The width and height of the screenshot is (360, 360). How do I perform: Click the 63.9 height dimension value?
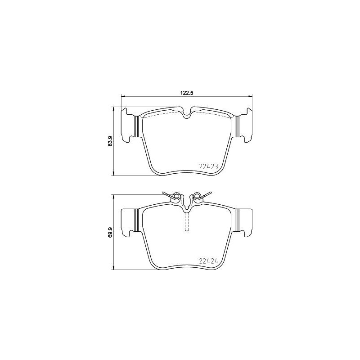pyautogui.click(x=110, y=141)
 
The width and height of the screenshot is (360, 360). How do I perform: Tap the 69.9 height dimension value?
pyautogui.click(x=110, y=232)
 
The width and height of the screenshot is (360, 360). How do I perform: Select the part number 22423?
pyautogui.click(x=208, y=167)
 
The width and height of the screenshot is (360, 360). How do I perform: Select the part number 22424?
pyautogui.click(x=208, y=261)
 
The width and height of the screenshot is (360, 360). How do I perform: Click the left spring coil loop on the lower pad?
pyautogui.click(x=176, y=196)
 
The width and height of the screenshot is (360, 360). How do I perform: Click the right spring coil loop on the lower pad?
pyautogui.click(x=197, y=196)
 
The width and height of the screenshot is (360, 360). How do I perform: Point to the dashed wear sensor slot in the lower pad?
pyautogui.click(x=187, y=221)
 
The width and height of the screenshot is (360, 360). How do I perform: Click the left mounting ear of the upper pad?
pyautogui.click(x=127, y=125)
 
